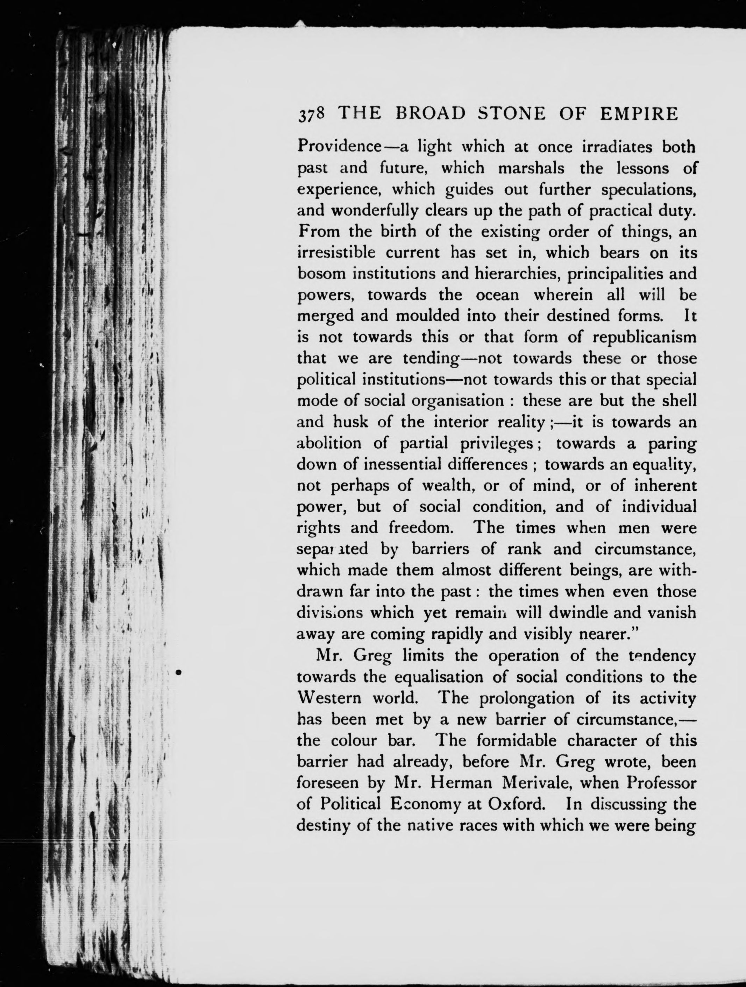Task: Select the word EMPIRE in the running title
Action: [x=639, y=114]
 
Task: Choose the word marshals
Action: [x=531, y=168]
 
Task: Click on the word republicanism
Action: [x=644, y=337]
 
